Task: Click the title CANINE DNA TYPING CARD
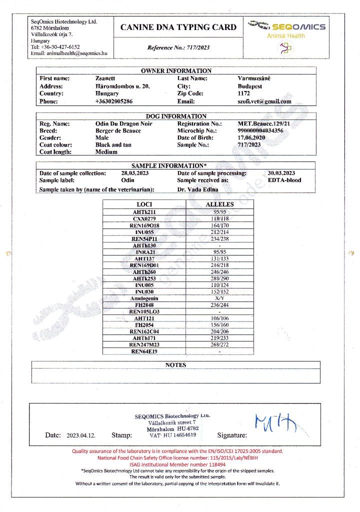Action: click(178, 27)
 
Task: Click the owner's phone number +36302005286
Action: click(114, 101)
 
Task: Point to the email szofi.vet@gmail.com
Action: click(264, 101)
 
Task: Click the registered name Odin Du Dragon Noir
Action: click(123, 123)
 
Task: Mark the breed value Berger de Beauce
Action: click(118, 130)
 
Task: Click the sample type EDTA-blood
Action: click(284, 180)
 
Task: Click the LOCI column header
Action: click(144, 204)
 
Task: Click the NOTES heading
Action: click(175, 365)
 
